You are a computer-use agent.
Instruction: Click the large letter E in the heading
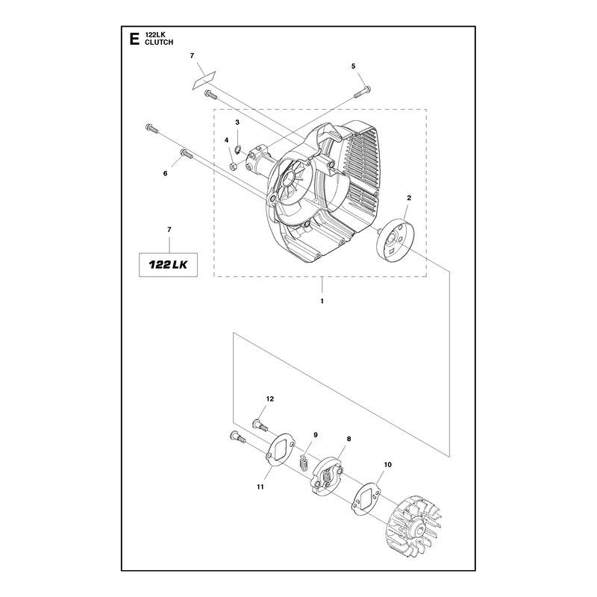(134, 39)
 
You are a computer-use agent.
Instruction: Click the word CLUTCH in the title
(159, 43)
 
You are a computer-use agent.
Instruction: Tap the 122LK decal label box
(168, 265)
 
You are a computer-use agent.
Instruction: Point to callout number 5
(353, 66)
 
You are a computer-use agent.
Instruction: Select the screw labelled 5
(363, 92)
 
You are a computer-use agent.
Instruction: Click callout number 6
(165, 173)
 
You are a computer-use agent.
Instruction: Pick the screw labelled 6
(187, 154)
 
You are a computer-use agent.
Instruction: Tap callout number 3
(237, 122)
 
